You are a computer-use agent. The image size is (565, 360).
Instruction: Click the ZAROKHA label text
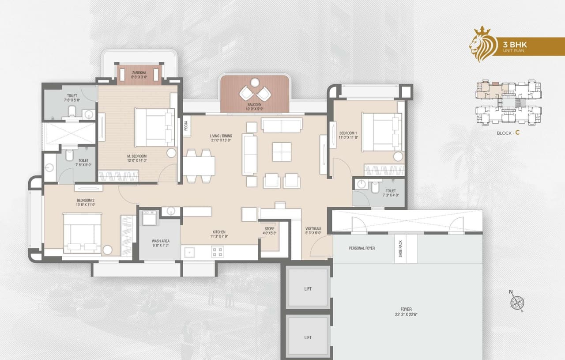click(x=139, y=72)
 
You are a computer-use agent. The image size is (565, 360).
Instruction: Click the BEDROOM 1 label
click(x=348, y=133)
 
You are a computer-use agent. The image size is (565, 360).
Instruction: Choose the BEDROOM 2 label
click(x=86, y=200)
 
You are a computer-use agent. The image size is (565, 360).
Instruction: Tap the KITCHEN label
click(x=219, y=232)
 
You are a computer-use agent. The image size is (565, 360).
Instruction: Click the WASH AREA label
click(x=160, y=241)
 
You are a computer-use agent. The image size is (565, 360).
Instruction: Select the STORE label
click(x=269, y=229)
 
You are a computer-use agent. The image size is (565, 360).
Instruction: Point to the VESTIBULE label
click(x=313, y=229)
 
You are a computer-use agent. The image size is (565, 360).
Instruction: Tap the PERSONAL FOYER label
click(x=362, y=248)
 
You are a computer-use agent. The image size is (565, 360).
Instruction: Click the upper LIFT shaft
click(x=308, y=289)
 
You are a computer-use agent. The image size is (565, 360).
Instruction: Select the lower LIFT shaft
click(x=308, y=337)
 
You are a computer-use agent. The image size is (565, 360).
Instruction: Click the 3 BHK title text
click(x=515, y=44)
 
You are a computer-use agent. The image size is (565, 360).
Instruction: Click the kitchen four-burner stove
click(x=217, y=252)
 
